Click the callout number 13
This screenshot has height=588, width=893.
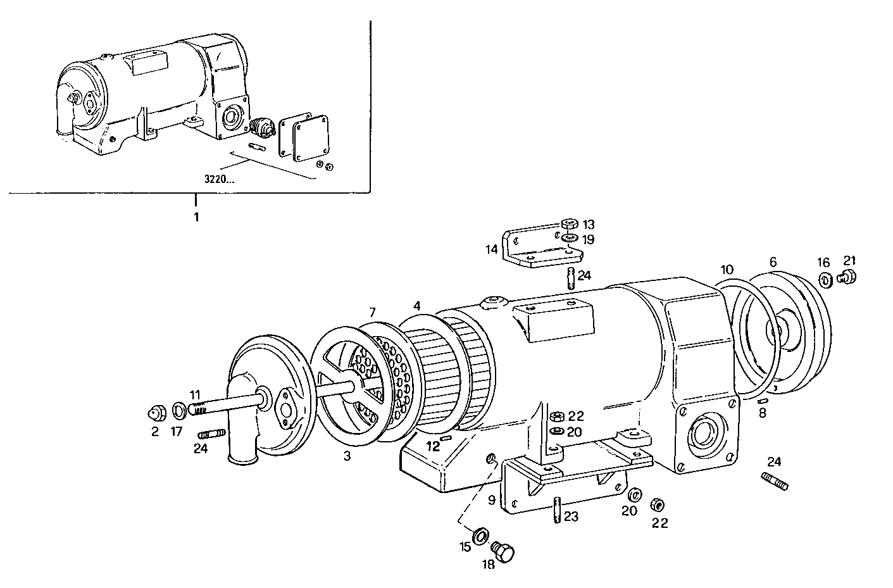[x=589, y=225]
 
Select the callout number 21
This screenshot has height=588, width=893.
[x=849, y=260]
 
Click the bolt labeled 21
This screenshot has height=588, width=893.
[x=846, y=276]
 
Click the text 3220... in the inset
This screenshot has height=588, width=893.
[x=219, y=179]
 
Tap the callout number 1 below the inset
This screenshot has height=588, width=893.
[x=196, y=217]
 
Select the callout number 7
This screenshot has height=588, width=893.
[x=373, y=312]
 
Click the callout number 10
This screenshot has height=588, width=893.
[x=727, y=269]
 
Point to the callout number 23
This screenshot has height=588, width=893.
[x=571, y=516]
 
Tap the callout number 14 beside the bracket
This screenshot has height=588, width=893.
[x=492, y=249]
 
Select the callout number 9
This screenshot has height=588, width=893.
[x=492, y=499]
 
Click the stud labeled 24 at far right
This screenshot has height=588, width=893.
[x=774, y=482]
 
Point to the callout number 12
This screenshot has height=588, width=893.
[x=433, y=446]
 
